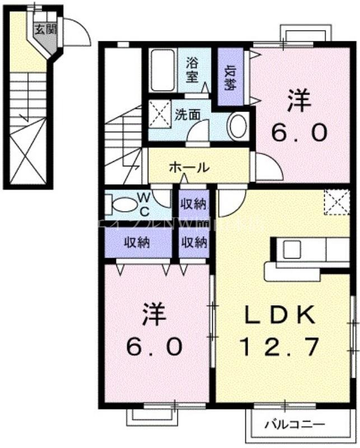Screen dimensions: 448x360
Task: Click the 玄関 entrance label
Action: click(x=46, y=30)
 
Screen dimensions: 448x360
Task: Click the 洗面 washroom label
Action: click(x=187, y=115)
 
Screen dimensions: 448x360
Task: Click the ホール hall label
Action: click(x=189, y=167)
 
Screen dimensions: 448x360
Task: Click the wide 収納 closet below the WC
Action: click(x=138, y=243)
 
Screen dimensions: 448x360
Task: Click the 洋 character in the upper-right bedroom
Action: click(x=298, y=101)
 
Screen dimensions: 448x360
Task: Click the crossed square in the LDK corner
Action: click(x=336, y=202)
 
